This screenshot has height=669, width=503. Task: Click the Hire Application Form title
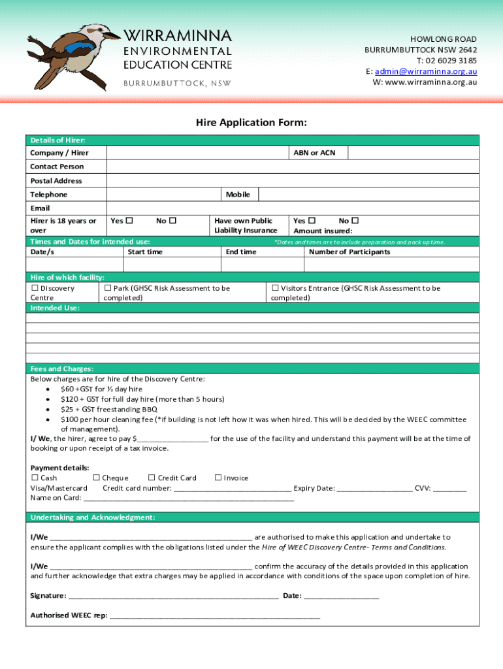point(252,123)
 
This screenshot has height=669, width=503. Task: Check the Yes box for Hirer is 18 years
point(129,221)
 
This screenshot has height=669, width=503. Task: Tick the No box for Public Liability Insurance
point(355,221)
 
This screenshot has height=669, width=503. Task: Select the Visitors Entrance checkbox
point(275,288)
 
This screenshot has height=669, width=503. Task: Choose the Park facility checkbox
point(108,288)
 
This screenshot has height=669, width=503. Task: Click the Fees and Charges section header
point(62,368)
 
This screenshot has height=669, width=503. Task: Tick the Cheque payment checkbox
point(97,478)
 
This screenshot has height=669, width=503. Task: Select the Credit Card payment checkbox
point(152,478)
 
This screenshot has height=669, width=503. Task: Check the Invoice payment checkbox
point(218,478)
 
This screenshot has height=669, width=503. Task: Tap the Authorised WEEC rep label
point(69,615)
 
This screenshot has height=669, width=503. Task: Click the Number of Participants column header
point(349,252)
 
